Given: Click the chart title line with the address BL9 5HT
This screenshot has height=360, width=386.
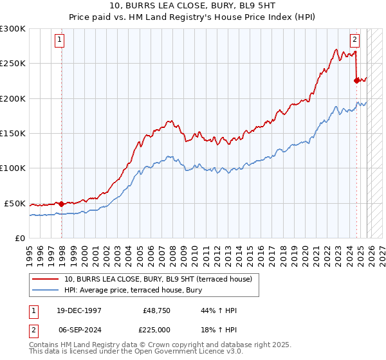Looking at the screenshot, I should (x=193, y=6).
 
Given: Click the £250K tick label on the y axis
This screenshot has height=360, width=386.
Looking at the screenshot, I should (x=13, y=64).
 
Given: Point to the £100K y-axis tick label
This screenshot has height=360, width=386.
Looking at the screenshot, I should (x=13, y=168).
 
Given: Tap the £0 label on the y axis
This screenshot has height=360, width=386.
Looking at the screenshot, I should (x=19, y=238).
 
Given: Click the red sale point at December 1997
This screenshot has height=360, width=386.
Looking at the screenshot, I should (x=62, y=204).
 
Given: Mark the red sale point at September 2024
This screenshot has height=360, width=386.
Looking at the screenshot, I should (x=356, y=80).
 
